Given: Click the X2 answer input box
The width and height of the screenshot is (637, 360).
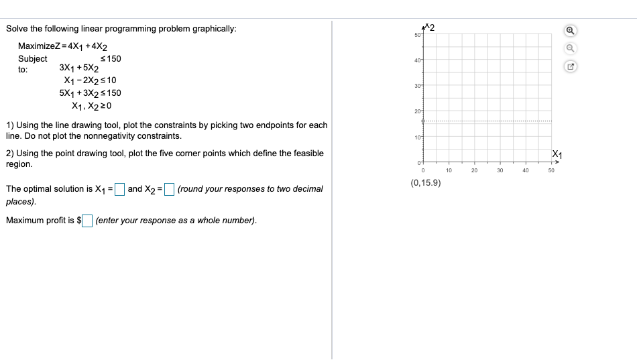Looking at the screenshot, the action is pos(170,188).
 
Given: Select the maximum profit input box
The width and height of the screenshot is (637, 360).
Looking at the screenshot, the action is pos(87,221).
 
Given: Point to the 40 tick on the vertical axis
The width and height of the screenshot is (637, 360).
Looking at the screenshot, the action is pos(418,60).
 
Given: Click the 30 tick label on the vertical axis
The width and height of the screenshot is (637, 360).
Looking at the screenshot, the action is pos(418,86).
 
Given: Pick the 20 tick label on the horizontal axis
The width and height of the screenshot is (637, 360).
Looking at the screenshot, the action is pos(474,170).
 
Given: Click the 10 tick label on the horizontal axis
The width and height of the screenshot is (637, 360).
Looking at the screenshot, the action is pos(449,170).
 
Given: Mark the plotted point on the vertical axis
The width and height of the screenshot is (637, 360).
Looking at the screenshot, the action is pos(423,121).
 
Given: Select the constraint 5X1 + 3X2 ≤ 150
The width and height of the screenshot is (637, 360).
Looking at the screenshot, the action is pos(90,93).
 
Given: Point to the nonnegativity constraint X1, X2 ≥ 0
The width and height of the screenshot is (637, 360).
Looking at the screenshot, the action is pos(91,106).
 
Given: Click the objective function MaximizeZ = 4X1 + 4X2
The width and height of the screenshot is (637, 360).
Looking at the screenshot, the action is pos(64,46).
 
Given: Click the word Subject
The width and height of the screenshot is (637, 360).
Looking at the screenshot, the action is pos(32,59).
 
